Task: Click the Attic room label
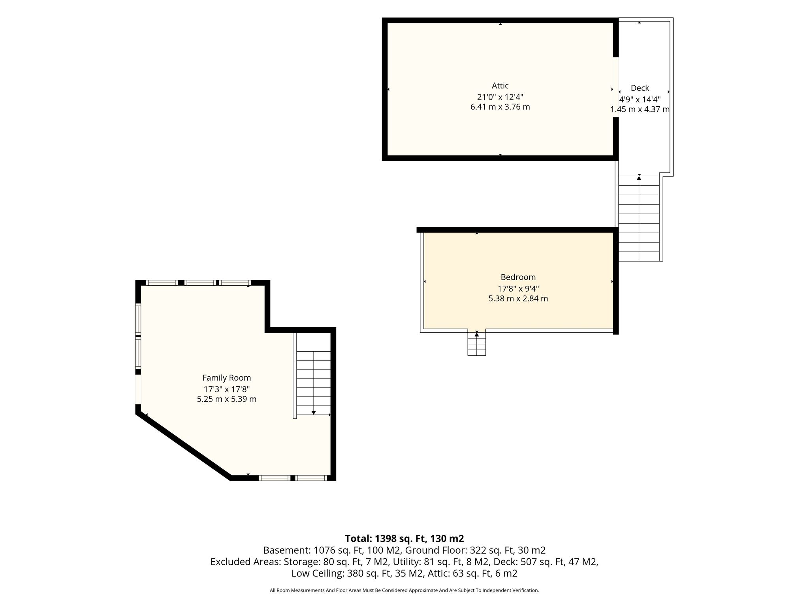(x=500, y=86)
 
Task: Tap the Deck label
(x=640, y=88)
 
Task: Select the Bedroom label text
(x=518, y=277)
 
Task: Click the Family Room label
(x=227, y=378)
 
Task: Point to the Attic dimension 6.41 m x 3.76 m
(x=500, y=107)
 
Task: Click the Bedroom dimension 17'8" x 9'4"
(x=518, y=288)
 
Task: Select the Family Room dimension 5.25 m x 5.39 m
(x=227, y=399)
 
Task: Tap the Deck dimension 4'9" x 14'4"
(x=640, y=99)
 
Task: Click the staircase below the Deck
(x=639, y=218)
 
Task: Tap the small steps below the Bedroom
(x=476, y=343)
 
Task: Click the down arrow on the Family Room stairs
(x=314, y=413)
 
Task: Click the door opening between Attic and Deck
(x=615, y=87)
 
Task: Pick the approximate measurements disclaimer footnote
(x=404, y=590)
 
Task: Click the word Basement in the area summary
(x=287, y=550)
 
